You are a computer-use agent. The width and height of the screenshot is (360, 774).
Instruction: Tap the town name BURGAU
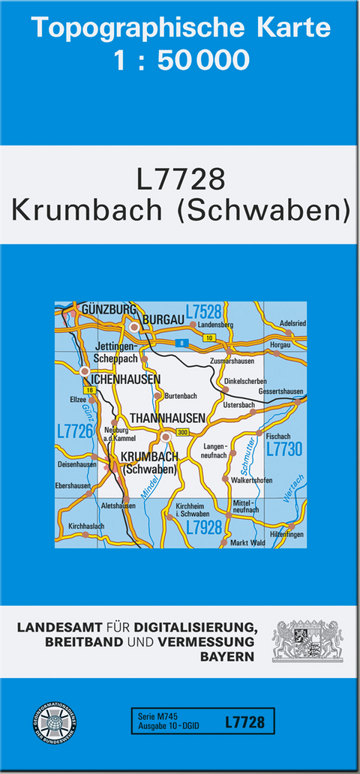tap(163, 319)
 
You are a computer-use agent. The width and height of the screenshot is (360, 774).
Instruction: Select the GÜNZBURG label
tap(109, 309)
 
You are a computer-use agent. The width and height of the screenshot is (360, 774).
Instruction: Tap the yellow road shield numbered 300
tap(182, 432)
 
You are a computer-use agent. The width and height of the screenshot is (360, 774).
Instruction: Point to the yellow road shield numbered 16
tap(90, 391)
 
